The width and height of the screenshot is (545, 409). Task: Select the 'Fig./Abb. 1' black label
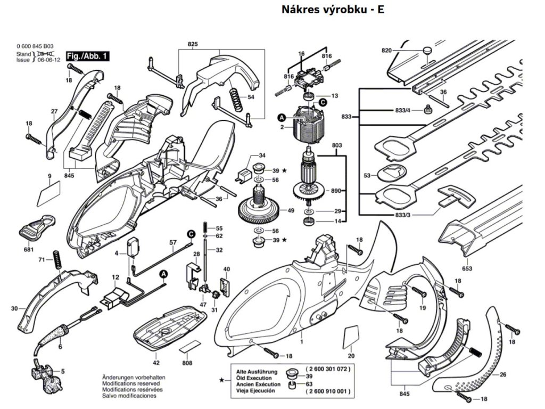[x=87, y=56]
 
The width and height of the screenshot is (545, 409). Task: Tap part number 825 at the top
[x=193, y=43]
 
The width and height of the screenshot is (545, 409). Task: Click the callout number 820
[x=387, y=50]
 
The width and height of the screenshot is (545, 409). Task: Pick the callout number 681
[x=29, y=250]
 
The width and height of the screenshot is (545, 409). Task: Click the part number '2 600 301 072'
[x=328, y=369]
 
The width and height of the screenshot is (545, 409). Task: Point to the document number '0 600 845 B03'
[x=35, y=47]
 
